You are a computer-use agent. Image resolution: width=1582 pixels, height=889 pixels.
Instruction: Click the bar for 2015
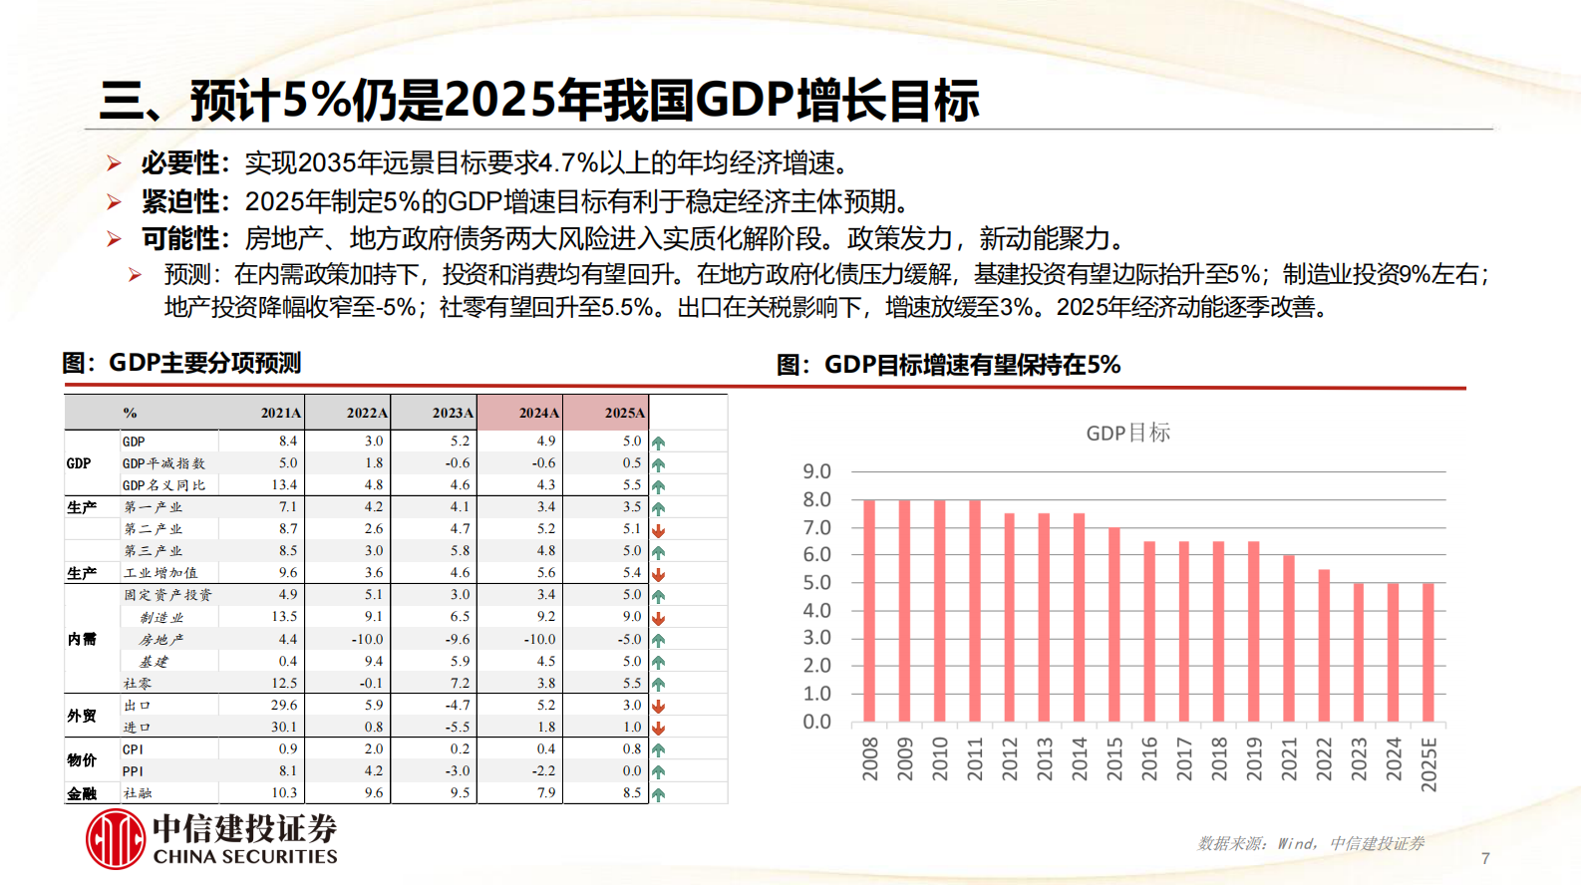click(x=1114, y=625)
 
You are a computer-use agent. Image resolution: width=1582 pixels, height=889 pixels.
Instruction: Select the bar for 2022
click(x=1324, y=646)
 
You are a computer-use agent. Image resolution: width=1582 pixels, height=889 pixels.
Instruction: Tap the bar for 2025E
click(x=1428, y=653)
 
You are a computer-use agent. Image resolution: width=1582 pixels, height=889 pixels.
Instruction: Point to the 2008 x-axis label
click(x=870, y=758)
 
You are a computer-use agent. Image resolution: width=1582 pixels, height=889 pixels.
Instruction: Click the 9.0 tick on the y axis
click(x=816, y=471)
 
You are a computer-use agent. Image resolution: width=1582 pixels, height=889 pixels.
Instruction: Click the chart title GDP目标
click(x=1127, y=433)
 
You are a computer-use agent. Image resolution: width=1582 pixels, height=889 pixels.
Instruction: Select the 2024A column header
click(x=538, y=413)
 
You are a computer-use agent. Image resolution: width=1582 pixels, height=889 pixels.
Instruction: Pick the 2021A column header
click(x=281, y=413)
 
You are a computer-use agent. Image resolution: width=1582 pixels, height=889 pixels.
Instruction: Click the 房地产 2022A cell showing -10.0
click(x=368, y=639)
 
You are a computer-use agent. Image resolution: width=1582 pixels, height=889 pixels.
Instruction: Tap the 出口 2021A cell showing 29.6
click(x=284, y=705)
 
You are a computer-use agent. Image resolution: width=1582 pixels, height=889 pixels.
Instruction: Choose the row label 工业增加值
click(x=160, y=573)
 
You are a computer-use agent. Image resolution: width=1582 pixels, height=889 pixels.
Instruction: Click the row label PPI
click(x=133, y=770)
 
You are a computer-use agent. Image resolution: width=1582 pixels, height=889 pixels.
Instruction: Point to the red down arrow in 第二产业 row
click(x=658, y=530)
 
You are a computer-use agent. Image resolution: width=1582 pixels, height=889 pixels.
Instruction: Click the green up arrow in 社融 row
click(x=658, y=794)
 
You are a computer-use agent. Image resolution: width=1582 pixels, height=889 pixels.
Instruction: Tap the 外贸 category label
click(x=82, y=716)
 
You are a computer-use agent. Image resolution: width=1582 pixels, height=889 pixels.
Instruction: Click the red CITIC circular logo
click(x=116, y=839)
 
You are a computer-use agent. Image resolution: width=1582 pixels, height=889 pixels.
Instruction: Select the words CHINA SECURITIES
click(x=245, y=857)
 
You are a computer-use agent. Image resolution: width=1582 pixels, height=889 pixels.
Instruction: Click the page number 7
click(x=1485, y=858)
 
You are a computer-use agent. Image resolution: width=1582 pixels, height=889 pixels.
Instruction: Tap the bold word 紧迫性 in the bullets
click(x=179, y=201)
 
